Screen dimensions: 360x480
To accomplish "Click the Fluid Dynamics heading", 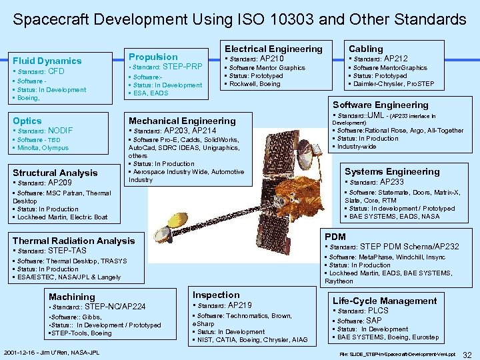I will tap(47, 61).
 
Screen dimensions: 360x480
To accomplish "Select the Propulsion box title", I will tap(153, 57).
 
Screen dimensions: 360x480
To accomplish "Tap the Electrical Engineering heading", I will tap(273, 48).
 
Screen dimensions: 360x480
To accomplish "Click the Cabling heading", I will tap(366, 48).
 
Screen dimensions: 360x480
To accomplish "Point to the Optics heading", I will tap(27, 121).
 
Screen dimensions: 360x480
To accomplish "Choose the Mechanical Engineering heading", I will tap(182, 121).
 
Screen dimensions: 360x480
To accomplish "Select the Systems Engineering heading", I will tap(392, 171).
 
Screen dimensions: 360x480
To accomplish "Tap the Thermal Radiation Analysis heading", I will tap(73, 241).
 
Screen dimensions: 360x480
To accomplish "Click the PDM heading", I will tap(335, 237).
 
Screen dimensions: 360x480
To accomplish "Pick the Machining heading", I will tap(72, 297).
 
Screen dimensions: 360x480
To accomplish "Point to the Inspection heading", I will tap(216, 295).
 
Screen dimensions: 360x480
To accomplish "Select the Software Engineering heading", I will tap(380, 105).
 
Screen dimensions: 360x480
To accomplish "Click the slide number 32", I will tap(467, 354).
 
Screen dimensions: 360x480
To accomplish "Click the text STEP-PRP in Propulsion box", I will tap(182, 67).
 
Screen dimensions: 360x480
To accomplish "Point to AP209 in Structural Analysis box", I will tap(60, 182).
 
